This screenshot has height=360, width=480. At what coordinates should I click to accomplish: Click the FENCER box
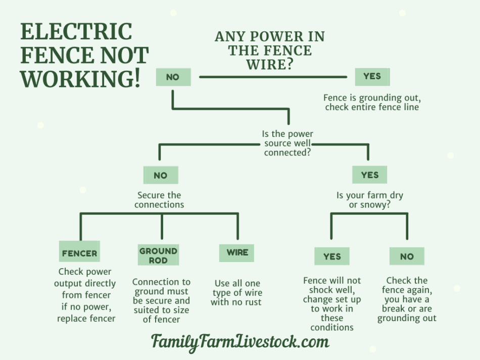(x=80, y=251)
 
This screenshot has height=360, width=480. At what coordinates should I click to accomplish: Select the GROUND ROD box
(x=158, y=255)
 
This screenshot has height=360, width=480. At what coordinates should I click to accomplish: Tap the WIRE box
(x=236, y=252)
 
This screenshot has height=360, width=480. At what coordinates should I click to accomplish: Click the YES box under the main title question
(x=372, y=77)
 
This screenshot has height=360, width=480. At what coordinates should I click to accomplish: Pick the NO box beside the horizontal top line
(x=173, y=77)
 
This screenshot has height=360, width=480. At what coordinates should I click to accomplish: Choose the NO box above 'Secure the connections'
(x=161, y=175)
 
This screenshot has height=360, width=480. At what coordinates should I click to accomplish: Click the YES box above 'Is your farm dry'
(x=369, y=175)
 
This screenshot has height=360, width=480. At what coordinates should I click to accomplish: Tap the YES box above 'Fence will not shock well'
(x=332, y=256)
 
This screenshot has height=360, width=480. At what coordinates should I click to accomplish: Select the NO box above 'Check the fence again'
(x=407, y=256)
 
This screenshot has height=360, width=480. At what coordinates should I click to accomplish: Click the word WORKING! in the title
(x=80, y=79)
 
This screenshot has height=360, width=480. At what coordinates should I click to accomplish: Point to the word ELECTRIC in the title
(x=76, y=31)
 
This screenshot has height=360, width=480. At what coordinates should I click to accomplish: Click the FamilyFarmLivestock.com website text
(x=241, y=342)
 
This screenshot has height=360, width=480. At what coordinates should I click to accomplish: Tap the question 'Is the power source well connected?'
(x=287, y=143)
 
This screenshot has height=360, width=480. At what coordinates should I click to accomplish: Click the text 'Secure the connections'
(x=159, y=200)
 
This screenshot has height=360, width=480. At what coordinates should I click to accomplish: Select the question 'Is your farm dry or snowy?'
(x=370, y=200)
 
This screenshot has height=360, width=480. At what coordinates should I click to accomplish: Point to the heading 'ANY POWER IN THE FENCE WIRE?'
(x=270, y=50)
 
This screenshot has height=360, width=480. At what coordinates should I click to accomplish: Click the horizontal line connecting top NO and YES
(x=273, y=77)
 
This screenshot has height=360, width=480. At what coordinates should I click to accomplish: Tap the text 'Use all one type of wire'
(x=237, y=288)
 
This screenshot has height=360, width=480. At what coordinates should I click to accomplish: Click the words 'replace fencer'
(x=86, y=319)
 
